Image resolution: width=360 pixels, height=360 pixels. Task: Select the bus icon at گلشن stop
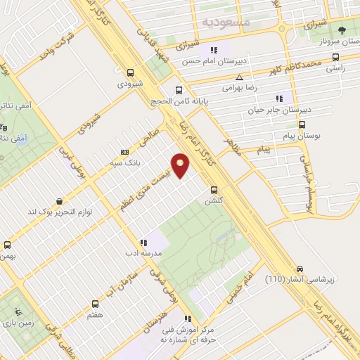[x=215, y=188]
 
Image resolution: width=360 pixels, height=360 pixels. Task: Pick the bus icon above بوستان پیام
[x=302, y=125]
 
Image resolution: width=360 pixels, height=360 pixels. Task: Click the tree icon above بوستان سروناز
[x=342, y=30]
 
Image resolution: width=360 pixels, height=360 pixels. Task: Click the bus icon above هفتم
[x=95, y=304]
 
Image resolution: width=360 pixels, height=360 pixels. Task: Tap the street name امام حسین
[x=239, y=290]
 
